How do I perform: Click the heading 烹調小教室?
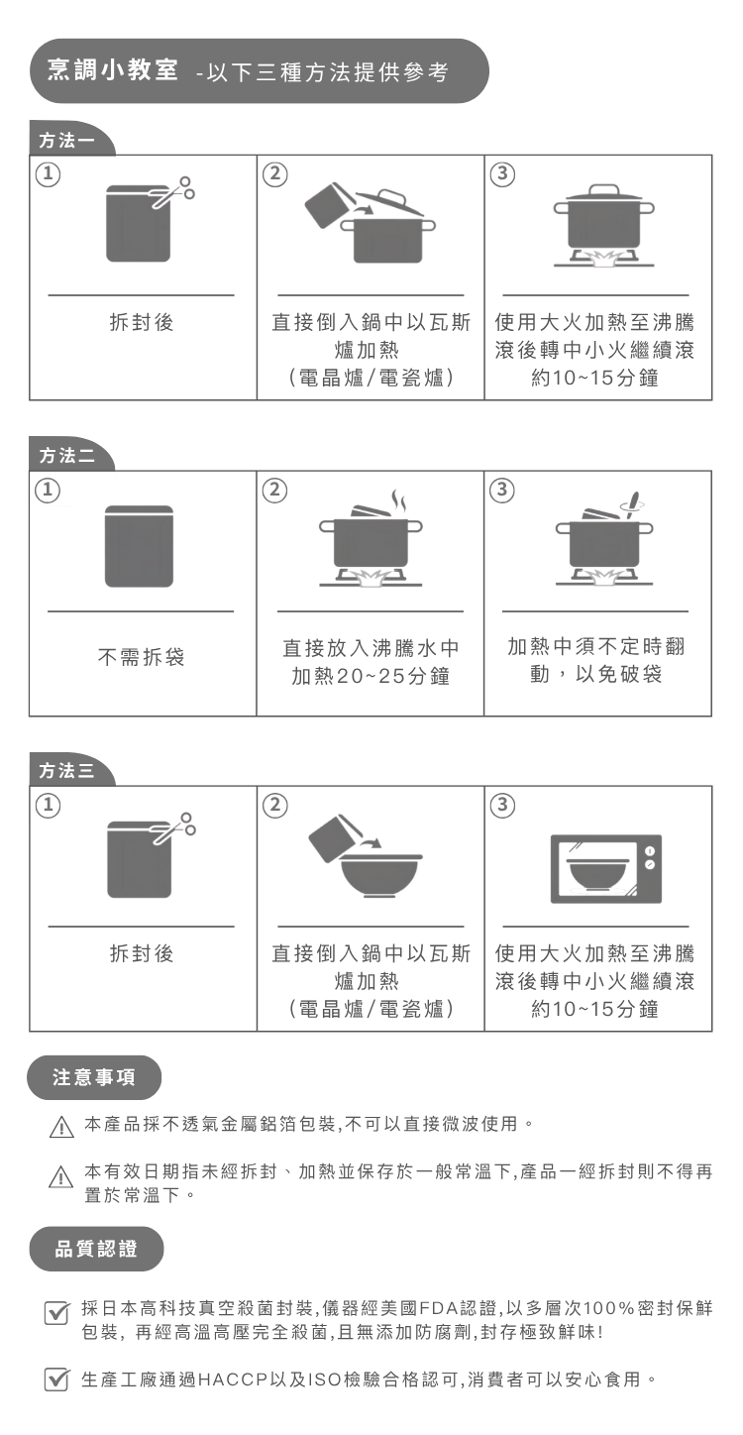tap(112, 69)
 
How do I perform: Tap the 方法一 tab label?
tap(66, 141)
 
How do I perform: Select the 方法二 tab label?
tap(66, 456)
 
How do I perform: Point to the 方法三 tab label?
tap(66, 771)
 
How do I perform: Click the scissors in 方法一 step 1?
tap(174, 191)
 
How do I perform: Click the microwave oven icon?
tap(606, 869)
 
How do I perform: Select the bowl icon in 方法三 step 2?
tap(379, 876)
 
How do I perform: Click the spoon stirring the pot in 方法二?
tap(632, 505)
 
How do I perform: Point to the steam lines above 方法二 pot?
tap(398, 501)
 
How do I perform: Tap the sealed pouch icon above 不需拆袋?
tap(139, 546)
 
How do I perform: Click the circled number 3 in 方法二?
tap(502, 491)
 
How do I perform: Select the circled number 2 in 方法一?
tap(274, 174)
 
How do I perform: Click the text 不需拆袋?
tap(141, 657)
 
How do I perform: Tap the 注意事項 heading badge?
tap(94, 1077)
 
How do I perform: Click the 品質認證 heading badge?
tap(96, 1249)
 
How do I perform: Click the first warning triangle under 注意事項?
tap(61, 1127)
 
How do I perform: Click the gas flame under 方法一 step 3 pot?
tap(603, 257)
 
